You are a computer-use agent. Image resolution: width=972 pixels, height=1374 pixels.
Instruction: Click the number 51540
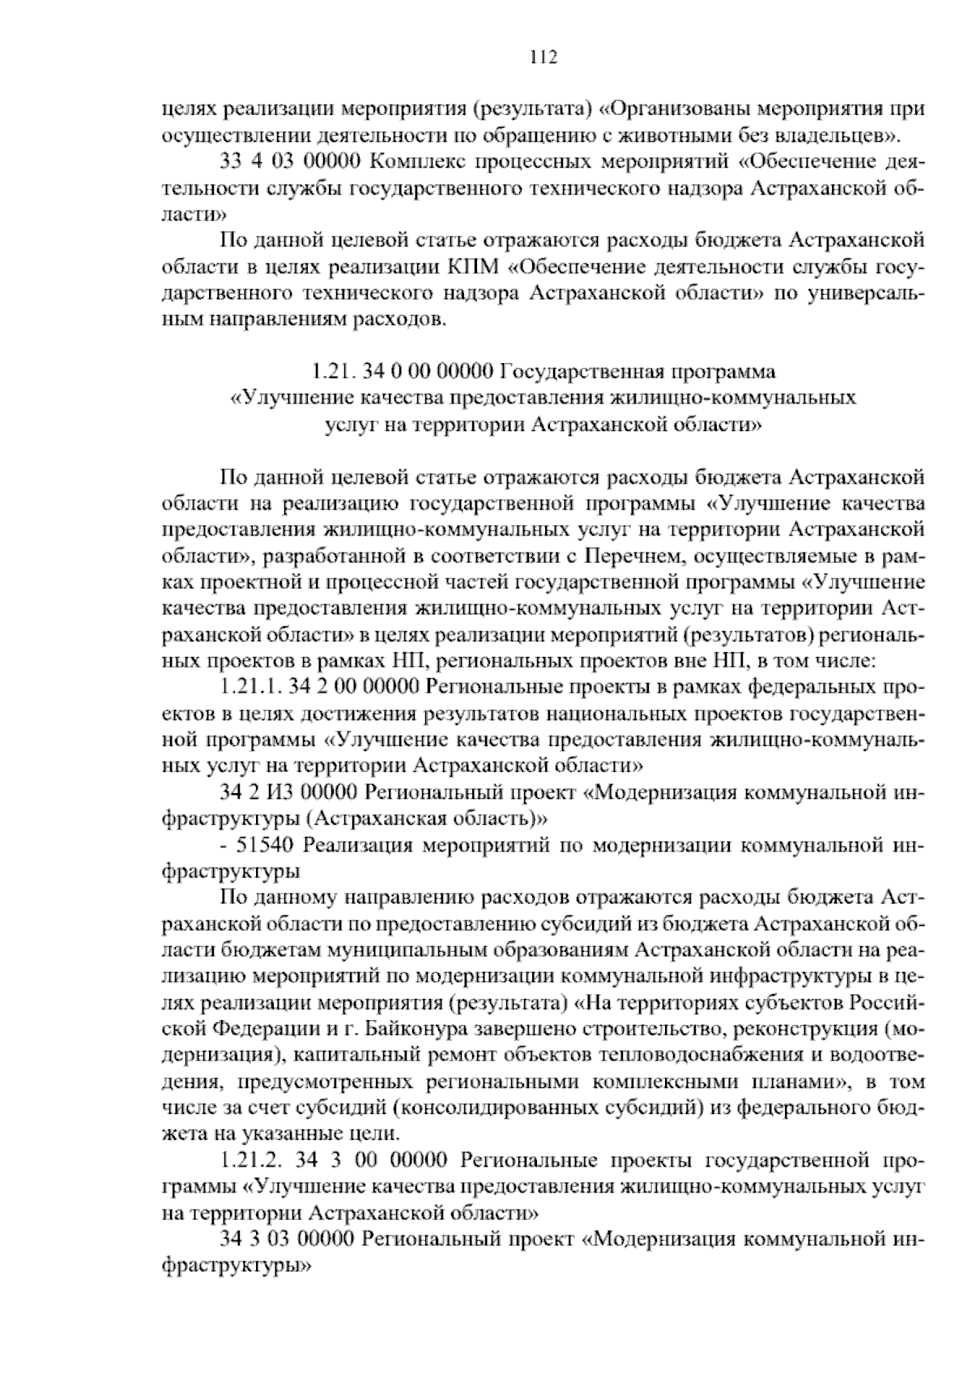pos(268,846)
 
